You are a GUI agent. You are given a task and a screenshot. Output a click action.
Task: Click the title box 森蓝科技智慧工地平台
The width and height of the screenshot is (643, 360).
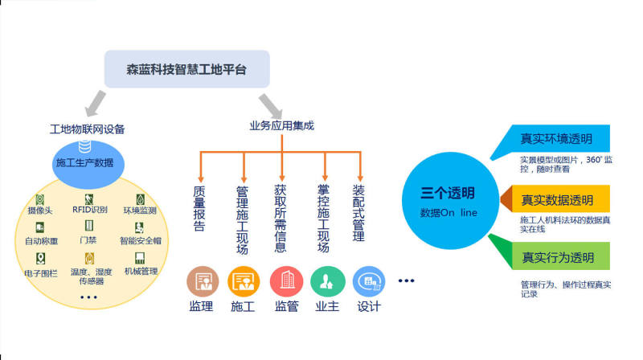point(186,70)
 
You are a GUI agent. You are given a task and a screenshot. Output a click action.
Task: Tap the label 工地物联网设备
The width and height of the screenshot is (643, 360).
point(88,129)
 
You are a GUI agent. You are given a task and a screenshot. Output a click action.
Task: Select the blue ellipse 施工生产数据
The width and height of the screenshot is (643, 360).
point(84,162)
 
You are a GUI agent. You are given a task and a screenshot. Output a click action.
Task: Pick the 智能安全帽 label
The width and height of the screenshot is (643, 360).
point(140,239)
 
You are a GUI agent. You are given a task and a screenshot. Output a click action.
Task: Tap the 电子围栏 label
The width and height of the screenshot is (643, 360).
point(40,273)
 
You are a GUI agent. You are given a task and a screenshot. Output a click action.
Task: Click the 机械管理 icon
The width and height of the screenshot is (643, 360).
point(140,259)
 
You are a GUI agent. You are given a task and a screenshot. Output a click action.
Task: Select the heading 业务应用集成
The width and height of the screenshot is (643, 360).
point(281,126)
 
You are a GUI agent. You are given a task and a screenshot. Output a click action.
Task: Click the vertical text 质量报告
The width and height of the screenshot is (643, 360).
point(200,209)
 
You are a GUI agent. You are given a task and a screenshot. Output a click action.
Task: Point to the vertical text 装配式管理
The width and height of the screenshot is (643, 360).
point(358,214)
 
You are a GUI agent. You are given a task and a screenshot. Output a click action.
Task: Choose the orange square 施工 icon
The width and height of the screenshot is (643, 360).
point(244,281)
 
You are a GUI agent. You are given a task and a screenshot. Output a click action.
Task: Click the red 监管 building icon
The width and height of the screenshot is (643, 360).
point(285,281)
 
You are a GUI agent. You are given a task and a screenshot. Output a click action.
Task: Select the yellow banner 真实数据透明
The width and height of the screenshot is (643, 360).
point(559,199)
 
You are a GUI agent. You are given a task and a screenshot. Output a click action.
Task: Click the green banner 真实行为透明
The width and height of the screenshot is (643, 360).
point(559,257)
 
